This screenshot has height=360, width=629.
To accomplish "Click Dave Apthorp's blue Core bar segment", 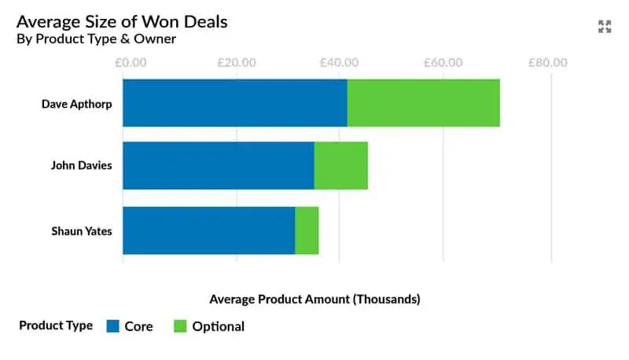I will click(x=234, y=103).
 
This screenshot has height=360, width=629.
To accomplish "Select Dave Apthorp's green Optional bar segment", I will click(x=423, y=103).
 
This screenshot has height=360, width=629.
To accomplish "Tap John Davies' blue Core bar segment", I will click(x=218, y=166).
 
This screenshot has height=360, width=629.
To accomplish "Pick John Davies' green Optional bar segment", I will click(x=340, y=166).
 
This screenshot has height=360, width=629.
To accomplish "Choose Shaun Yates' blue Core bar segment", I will click(x=208, y=230).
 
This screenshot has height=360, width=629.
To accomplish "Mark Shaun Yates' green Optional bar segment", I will click(x=307, y=230).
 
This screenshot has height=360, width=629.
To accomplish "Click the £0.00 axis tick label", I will click(x=126, y=63).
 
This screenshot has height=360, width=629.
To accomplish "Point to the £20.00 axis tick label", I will click(x=233, y=63).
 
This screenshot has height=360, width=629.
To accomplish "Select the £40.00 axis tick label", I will click(x=339, y=63).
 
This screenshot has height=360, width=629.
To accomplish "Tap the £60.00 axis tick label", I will click(x=443, y=63).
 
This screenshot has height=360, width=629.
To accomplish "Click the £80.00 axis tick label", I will click(x=548, y=63).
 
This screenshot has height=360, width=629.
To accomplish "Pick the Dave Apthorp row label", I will click(x=76, y=103).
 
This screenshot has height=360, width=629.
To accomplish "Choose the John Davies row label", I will click(x=81, y=166).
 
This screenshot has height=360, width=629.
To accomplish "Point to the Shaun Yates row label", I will click(x=82, y=231).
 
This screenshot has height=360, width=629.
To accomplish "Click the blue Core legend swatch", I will click(x=112, y=326).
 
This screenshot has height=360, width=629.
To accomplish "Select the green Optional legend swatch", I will click(x=180, y=326).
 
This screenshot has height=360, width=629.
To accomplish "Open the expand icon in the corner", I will click(x=605, y=27).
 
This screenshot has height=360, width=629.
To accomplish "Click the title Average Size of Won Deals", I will click(x=122, y=21).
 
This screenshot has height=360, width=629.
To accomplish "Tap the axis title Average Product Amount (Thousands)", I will click(x=314, y=299).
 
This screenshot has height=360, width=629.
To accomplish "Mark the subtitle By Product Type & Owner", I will click(x=96, y=39).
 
